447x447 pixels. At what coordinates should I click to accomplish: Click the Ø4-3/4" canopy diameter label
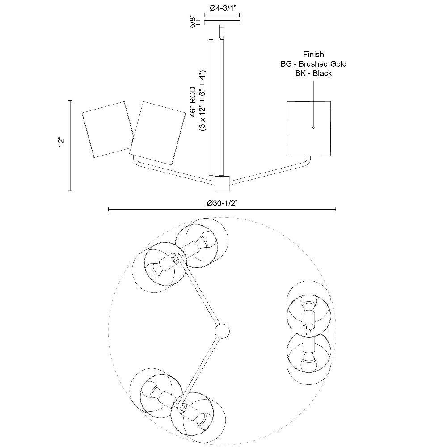pyautogui.click(x=222, y=8)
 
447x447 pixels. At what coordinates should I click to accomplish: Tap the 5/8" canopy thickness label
pyautogui.click(x=193, y=22)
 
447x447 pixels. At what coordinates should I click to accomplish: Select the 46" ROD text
pyautogui.click(x=193, y=102)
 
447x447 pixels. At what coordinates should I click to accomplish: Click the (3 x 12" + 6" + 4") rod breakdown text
pyautogui.click(x=202, y=100)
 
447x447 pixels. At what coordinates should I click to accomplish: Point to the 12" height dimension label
pyautogui.click(x=61, y=142)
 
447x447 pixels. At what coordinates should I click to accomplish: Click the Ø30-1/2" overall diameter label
pyautogui.click(x=222, y=203)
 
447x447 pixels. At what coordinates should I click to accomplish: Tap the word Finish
pyautogui.click(x=313, y=55)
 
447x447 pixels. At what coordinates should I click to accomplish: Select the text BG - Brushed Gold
pyautogui.click(x=313, y=64)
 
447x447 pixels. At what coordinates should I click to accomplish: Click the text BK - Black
pyautogui.click(x=313, y=73)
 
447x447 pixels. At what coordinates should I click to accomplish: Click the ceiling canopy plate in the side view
pyautogui.click(x=222, y=23)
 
